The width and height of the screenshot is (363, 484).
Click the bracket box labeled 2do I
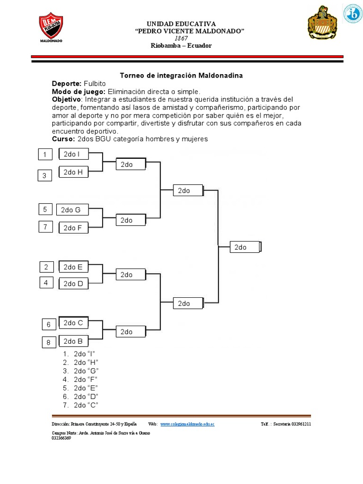pyautogui.click(x=73, y=154)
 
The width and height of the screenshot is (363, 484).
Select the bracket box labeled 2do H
pyautogui.click(x=73, y=173)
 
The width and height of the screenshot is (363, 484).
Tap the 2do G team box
pyautogui.click(x=71, y=210)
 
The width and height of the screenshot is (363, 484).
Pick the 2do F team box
pyautogui.click(x=73, y=228)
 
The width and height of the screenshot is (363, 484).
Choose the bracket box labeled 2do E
pyautogui.click(x=73, y=267)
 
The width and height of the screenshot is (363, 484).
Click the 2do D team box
pyautogui.click(x=73, y=284)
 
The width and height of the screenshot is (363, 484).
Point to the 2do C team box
pyautogui.click(x=73, y=323)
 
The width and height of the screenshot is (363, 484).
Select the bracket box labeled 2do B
pyautogui.click(x=73, y=341)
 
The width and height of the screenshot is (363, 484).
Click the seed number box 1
pyautogui.click(x=45, y=155)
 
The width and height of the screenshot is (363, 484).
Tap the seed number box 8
pyautogui.click(x=48, y=343)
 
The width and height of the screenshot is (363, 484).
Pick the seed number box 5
pyautogui.click(x=45, y=209)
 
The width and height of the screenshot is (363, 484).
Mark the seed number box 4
pyautogui.click(x=46, y=283)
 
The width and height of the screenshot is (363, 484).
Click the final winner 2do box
pyautogui.click(x=245, y=247)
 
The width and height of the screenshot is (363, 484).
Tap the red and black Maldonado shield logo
pyautogui.click(x=51, y=27)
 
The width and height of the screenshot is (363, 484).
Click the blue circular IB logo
pyautogui.click(x=352, y=14)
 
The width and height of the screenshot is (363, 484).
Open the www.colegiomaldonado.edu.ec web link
pyautogui.click(x=187, y=424)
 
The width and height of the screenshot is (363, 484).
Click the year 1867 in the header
pyautogui.click(x=181, y=38)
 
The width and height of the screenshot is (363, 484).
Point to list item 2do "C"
pyautogui.click(x=86, y=405)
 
